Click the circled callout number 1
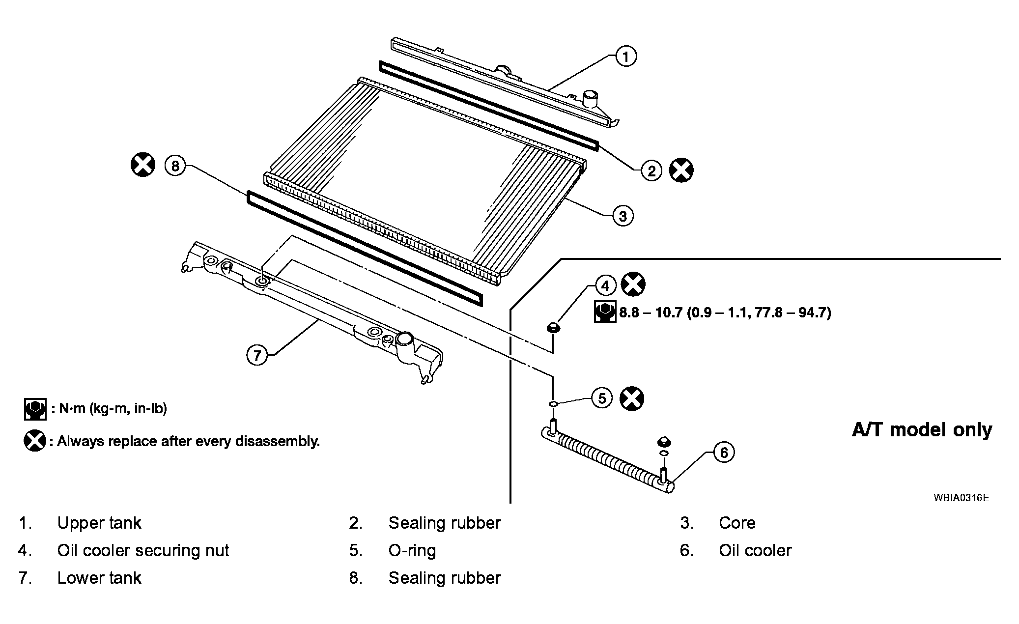pos(625,57)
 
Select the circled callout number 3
pos(623,216)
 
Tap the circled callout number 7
pos(257,354)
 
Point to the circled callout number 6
pos(724,452)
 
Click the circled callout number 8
pos(175,166)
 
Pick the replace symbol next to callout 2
pos(682,170)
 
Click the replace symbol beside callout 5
pos(632,398)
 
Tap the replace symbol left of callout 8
pos(143,165)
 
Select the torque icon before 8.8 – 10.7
pos(605,312)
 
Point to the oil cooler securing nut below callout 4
pos(552,327)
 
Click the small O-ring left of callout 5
pos(553,403)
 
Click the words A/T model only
pos(922,430)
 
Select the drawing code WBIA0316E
pos(961,498)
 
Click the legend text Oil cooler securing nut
pos(143,550)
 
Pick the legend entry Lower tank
pos(99,578)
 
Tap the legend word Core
pos(737,523)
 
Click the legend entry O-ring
pos(412,551)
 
